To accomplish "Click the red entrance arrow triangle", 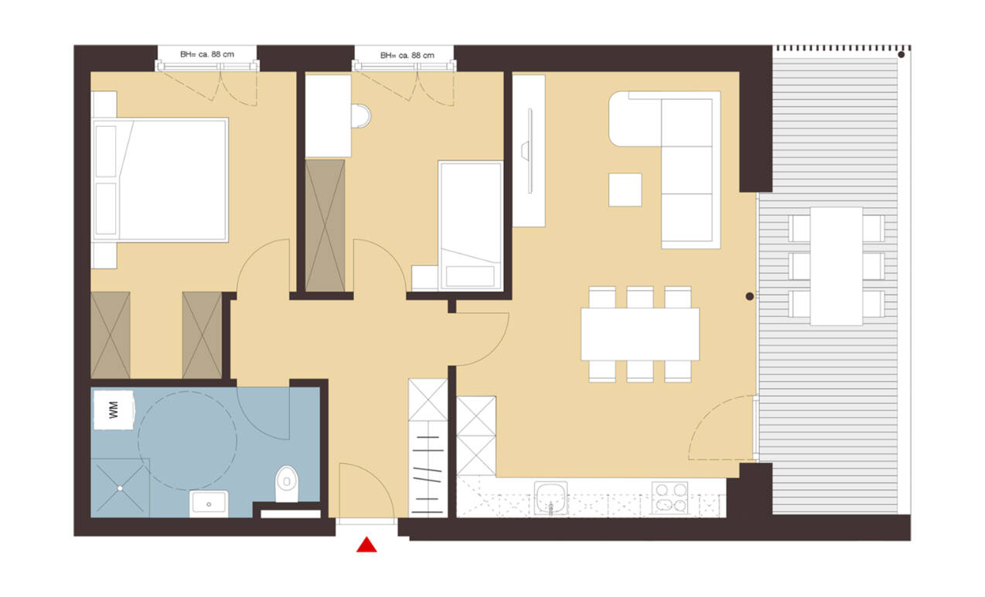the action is (x=366, y=544).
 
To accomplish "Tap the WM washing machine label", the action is (x=114, y=410).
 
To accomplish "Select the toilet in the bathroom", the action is (x=287, y=484).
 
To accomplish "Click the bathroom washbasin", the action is (x=209, y=503).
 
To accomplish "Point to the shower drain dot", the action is (x=120, y=488).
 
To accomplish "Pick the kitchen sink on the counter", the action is (x=550, y=498).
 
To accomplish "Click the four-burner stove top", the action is (x=670, y=497).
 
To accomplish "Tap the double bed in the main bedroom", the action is (x=159, y=180).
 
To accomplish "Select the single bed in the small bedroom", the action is (x=471, y=226).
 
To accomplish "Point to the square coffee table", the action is (x=625, y=189).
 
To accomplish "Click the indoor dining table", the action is (x=640, y=334).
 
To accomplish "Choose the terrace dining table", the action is (x=836, y=266).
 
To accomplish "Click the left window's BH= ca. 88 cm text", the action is (x=207, y=55).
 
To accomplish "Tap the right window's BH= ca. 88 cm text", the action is (x=407, y=56).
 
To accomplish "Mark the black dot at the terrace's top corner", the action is (x=901, y=55).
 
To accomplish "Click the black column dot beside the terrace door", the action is (x=750, y=296).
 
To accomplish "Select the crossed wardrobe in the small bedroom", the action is (x=325, y=226).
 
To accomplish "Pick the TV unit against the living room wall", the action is (x=529, y=151).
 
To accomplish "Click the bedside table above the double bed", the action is (x=104, y=104).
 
